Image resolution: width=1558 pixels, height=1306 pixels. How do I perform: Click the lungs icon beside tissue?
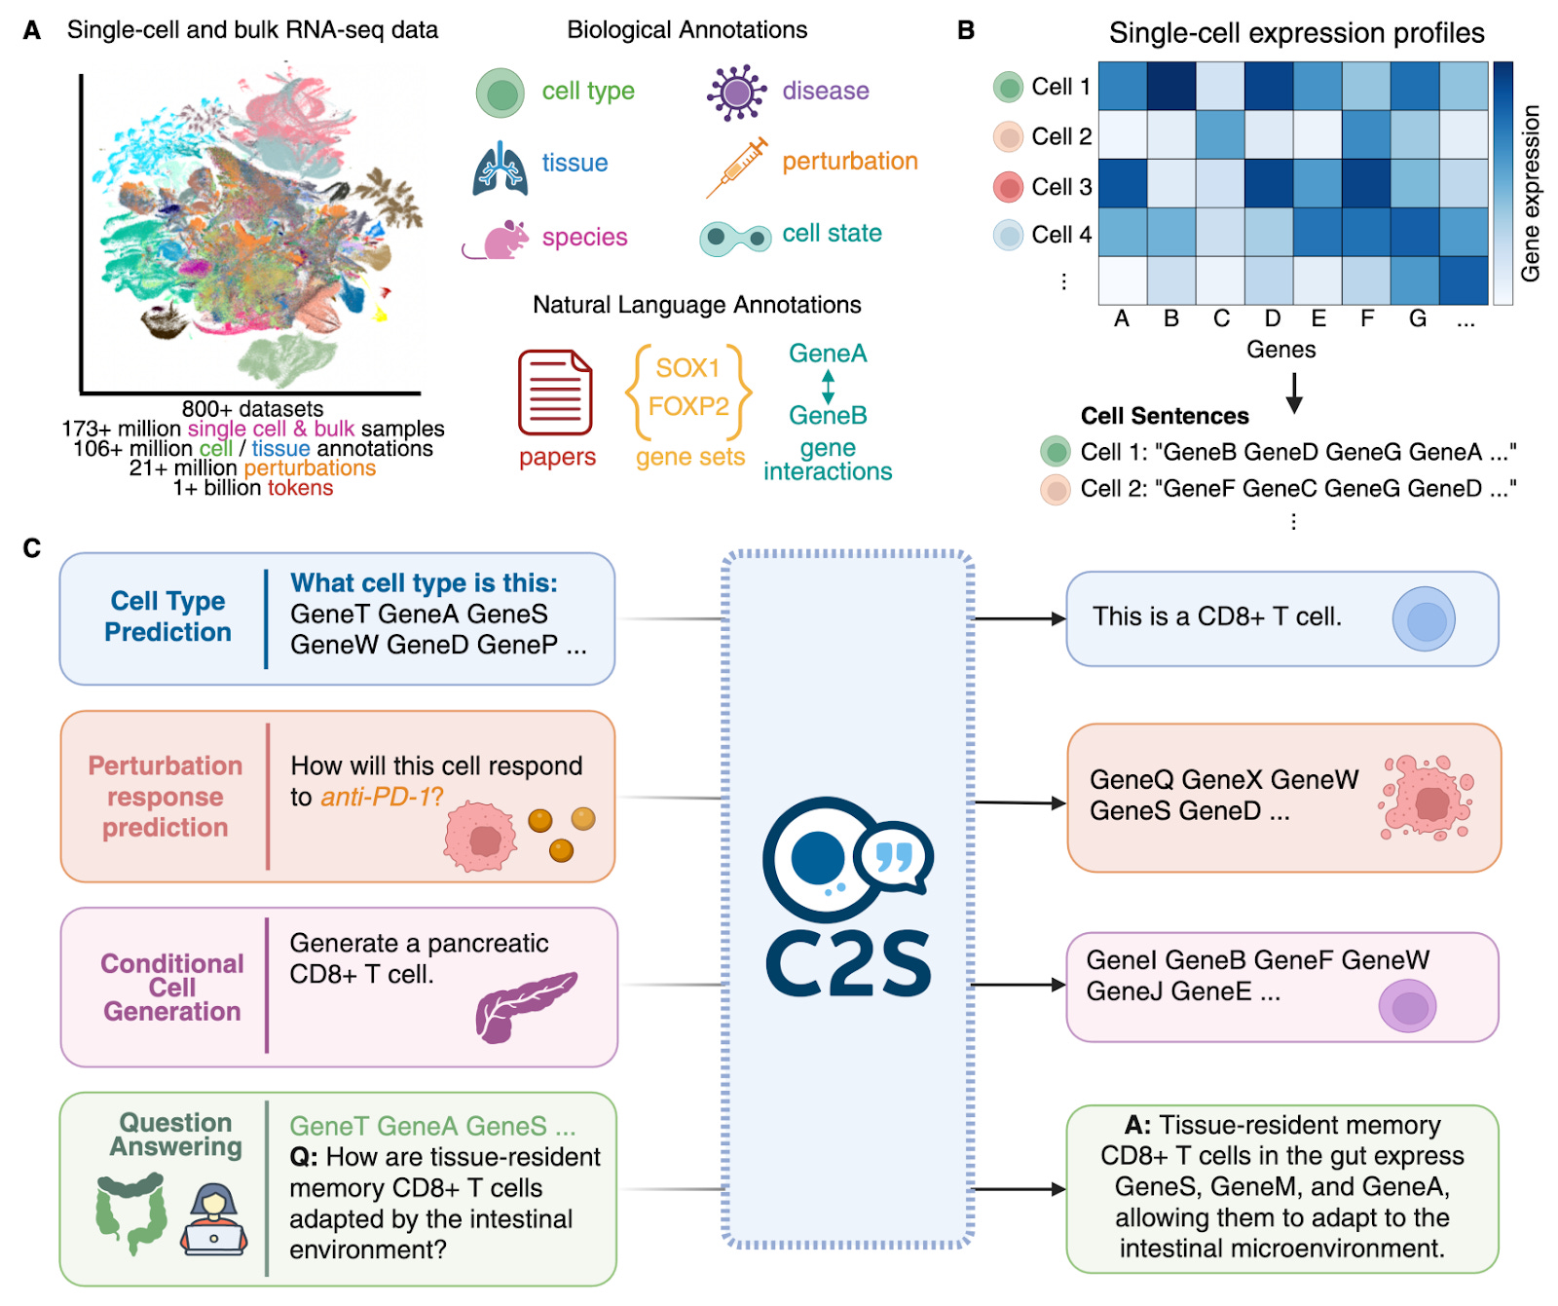point(500,168)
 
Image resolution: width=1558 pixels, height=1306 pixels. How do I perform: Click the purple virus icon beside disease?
point(736,93)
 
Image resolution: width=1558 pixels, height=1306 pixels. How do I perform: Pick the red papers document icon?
point(555,392)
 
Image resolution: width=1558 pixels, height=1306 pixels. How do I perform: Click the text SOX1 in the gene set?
point(687,368)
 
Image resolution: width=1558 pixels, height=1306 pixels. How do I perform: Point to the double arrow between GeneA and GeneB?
point(828,386)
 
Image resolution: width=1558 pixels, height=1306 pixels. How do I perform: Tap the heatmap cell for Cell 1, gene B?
point(1171,87)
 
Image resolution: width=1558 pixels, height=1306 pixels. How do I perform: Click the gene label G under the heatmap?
point(1418,318)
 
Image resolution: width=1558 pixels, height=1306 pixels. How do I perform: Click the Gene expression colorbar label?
point(1531,193)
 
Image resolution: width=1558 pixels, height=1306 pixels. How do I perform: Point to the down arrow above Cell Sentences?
point(1294,392)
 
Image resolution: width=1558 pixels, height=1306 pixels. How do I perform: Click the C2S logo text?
point(848,963)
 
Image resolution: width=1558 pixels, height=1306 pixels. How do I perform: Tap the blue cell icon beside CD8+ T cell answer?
point(1424,618)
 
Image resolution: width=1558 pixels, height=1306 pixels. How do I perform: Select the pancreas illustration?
point(525,1005)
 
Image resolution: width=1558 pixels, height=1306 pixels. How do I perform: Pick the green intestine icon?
point(131,1213)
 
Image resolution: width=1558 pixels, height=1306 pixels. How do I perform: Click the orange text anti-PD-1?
point(382,797)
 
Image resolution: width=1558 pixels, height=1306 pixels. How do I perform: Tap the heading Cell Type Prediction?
point(167,616)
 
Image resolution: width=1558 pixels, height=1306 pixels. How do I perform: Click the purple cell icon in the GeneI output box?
point(1407,1006)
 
